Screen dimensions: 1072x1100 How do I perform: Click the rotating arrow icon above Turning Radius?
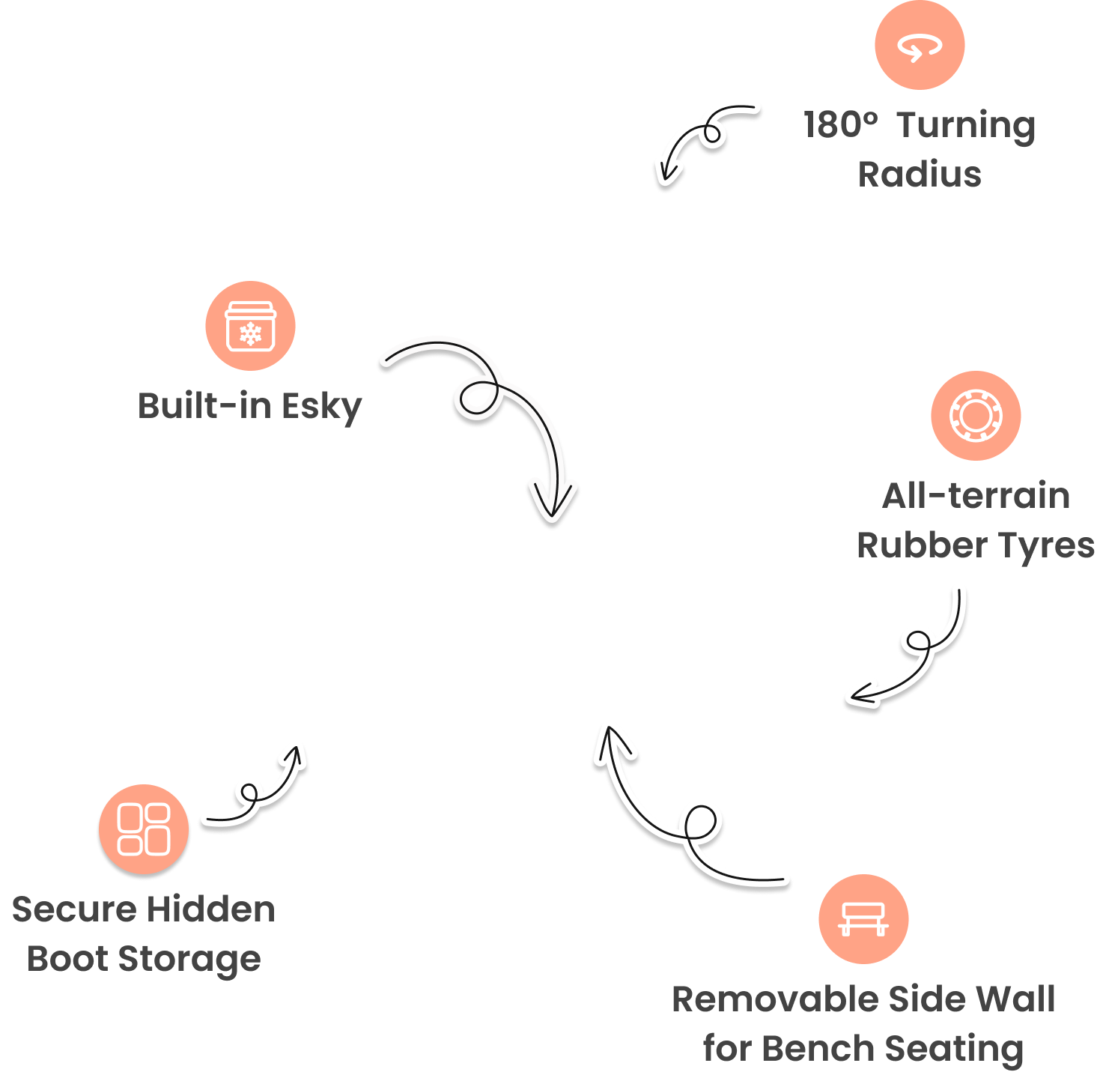[920, 46]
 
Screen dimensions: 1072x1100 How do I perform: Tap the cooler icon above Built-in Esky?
[250, 327]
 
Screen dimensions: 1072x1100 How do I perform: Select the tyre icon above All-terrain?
[976, 416]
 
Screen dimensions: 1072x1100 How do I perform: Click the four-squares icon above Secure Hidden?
[144, 829]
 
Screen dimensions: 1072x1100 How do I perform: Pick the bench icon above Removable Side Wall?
[863, 919]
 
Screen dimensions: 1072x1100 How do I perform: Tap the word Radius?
[920, 175]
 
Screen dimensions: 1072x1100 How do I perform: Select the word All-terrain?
[976, 496]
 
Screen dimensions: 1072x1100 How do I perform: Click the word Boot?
[67, 959]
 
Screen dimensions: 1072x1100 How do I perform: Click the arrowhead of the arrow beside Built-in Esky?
[553, 502]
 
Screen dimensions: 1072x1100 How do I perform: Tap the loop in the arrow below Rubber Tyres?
[917, 641]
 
